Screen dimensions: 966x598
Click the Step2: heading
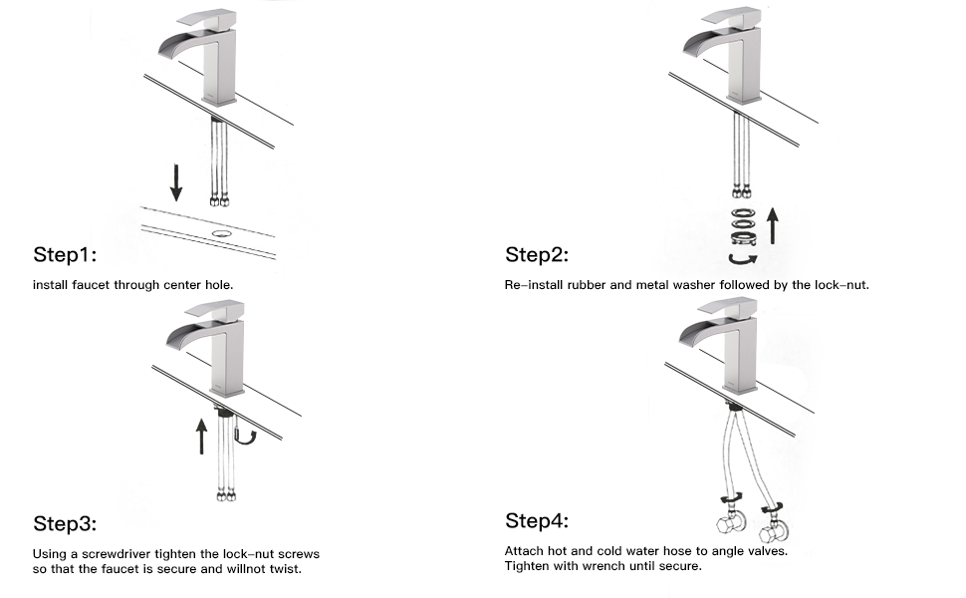(537, 254)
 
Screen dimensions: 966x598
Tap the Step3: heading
(65, 523)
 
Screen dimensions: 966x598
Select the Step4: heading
(537, 520)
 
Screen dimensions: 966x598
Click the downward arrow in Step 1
(176, 182)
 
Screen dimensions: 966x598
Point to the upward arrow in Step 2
(772, 224)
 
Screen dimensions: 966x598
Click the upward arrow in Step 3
(202, 436)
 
